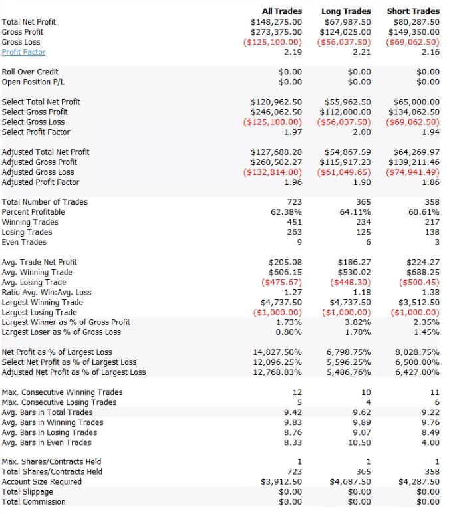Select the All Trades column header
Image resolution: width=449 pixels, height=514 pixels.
pyautogui.click(x=282, y=11)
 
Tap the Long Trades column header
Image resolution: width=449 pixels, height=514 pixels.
pyautogui.click(x=346, y=11)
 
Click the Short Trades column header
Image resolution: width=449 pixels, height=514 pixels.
pyautogui.click(x=413, y=11)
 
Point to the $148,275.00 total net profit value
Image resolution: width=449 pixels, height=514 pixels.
pyautogui.click(x=276, y=22)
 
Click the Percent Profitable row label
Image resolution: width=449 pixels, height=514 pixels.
pyautogui.click(x=31, y=212)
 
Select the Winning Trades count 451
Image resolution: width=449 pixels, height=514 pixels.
pyautogui.click(x=294, y=222)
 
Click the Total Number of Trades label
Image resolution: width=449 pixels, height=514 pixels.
pyautogui.click(x=45, y=202)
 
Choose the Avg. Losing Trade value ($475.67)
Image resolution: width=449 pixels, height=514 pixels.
pyautogui.click(x=279, y=282)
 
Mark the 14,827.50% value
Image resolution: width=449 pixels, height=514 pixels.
pyautogui.click(x=277, y=352)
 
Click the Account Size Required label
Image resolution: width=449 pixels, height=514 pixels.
pyautogui.click(x=42, y=482)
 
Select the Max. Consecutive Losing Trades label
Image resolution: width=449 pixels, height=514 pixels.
pyautogui.click(x=59, y=402)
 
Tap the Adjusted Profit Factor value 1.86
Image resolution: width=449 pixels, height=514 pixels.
pyautogui.click(x=429, y=182)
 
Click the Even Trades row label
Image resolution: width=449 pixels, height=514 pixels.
pyautogui.click(x=24, y=242)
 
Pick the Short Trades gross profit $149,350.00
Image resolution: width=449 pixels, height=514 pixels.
pyautogui.click(x=414, y=32)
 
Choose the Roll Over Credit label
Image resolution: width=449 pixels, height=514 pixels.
pyautogui.click(x=30, y=72)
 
